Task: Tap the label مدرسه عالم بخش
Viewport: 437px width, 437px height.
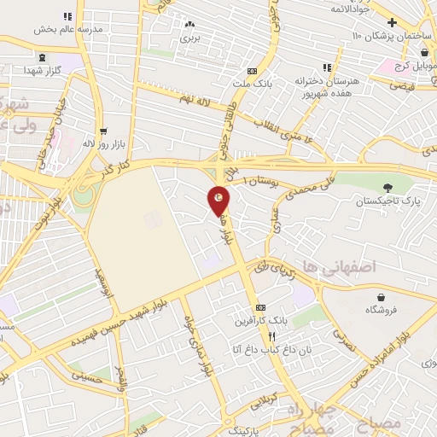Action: (x=67, y=28)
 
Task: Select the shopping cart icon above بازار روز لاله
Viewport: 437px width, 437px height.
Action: (x=103, y=131)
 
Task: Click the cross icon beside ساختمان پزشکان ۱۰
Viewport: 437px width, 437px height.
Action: (x=392, y=22)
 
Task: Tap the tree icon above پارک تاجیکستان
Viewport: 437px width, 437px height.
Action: (x=388, y=188)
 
